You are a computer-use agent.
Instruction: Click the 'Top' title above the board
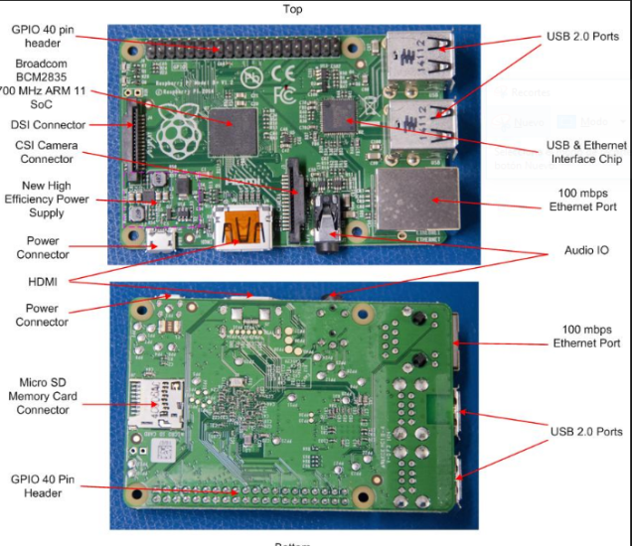(292, 9)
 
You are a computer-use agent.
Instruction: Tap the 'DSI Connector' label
(48, 125)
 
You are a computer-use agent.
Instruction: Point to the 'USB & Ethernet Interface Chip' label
(585, 152)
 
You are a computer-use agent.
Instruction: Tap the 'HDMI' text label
(43, 282)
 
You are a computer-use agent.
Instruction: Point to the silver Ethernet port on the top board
(416, 202)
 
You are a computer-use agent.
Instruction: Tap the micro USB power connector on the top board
(159, 239)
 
